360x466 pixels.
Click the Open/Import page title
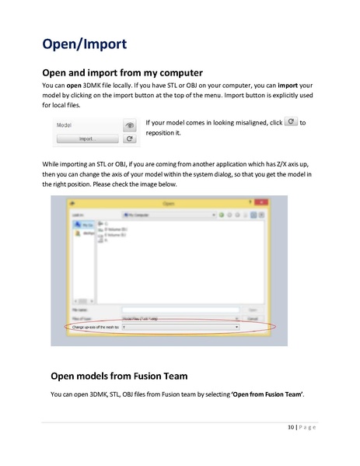click(x=84, y=42)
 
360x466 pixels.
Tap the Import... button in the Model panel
click(x=87, y=138)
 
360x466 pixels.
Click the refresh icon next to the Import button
click(x=131, y=138)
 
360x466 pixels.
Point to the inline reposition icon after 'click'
click(x=291, y=122)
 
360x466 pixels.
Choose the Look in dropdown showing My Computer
click(x=159, y=212)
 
